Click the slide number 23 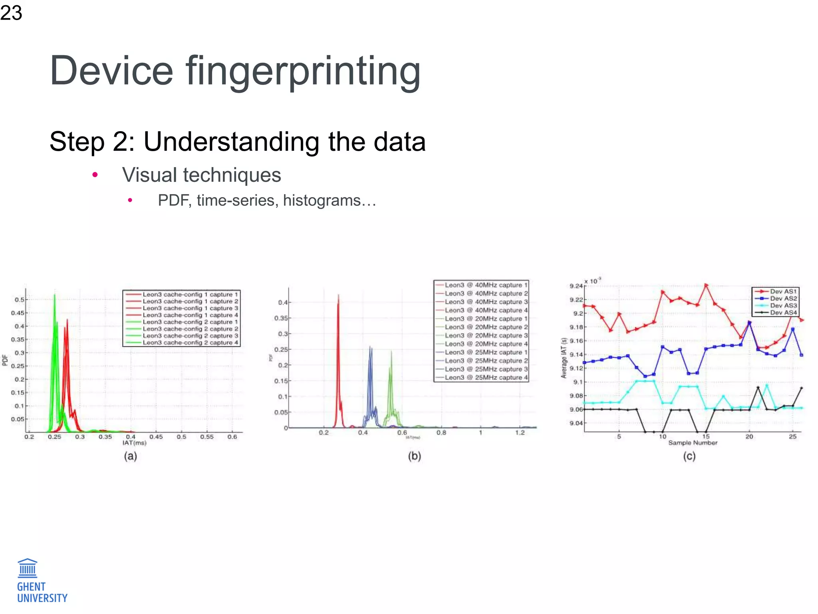pos(11,13)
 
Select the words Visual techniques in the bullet pos(201,175)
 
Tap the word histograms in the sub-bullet pos(322,200)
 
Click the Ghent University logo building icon pos(28,568)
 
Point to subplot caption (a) pos(130,456)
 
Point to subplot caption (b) pos(414,456)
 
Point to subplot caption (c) pos(689,456)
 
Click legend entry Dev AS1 pos(783,291)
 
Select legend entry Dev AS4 pos(783,313)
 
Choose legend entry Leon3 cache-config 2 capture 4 pos(190,343)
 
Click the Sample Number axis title pos(693,443)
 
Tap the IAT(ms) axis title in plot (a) pos(134,443)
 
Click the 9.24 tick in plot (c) pos(576,286)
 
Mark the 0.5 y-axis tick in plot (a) pos(19,299)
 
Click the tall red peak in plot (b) pos(338,304)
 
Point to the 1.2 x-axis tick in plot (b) pos(520,433)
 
